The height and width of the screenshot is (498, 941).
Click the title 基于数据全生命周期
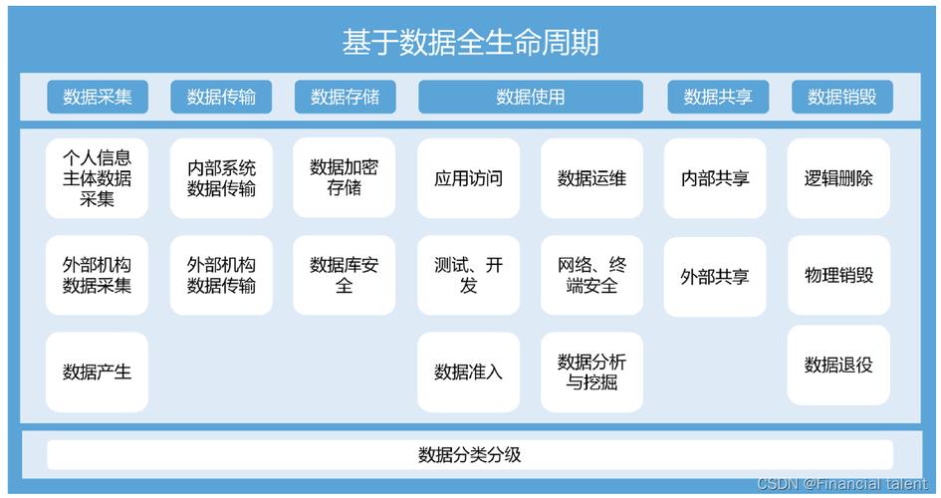click(470, 42)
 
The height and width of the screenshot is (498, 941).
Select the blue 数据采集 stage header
click(98, 97)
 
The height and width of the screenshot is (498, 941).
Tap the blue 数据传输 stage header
click(221, 97)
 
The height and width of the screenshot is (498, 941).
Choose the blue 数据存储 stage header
click(346, 97)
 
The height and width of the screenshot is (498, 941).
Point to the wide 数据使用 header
click(531, 97)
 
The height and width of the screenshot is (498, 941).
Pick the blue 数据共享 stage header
click(718, 97)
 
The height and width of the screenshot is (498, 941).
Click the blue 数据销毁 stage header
click(842, 97)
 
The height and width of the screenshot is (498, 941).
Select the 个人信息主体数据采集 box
click(97, 178)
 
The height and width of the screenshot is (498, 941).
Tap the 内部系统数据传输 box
click(221, 178)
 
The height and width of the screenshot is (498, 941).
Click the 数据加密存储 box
click(345, 177)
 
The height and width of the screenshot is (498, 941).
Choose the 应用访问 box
click(469, 178)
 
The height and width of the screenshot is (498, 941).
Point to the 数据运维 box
click(591, 178)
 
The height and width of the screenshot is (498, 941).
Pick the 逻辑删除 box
click(838, 178)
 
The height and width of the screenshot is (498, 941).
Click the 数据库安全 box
click(345, 275)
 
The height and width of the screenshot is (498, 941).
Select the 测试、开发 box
click(469, 275)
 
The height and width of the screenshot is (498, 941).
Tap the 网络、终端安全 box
click(591, 275)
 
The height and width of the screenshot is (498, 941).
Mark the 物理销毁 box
click(838, 275)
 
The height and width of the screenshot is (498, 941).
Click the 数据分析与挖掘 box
click(591, 372)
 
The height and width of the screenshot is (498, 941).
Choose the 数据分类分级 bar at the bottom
click(470, 455)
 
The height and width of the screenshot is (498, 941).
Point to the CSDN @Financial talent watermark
click(842, 484)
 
